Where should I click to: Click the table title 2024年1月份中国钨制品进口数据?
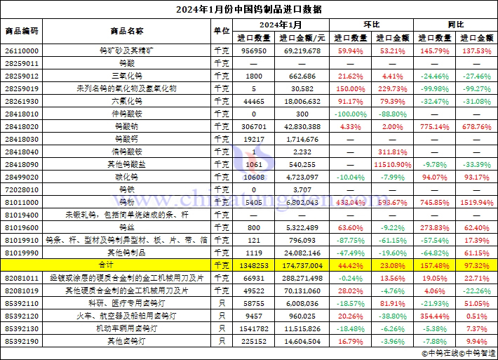click(249, 9)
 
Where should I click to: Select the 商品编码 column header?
click(22, 31)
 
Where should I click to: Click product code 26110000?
click(22, 51)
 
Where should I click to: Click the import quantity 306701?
click(254, 126)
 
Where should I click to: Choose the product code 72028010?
click(22, 189)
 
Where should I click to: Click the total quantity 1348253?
click(254, 265)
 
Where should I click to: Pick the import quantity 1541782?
click(254, 328)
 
